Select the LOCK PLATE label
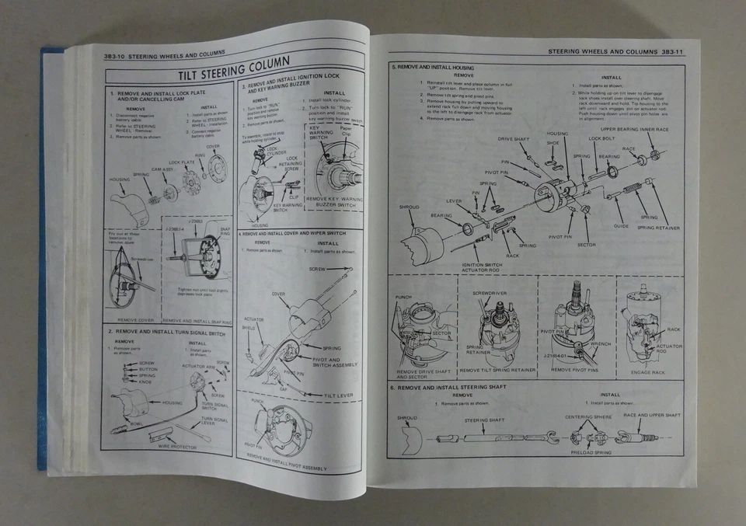[180, 163]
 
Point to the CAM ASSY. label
[162, 169]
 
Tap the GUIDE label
[620, 225]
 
